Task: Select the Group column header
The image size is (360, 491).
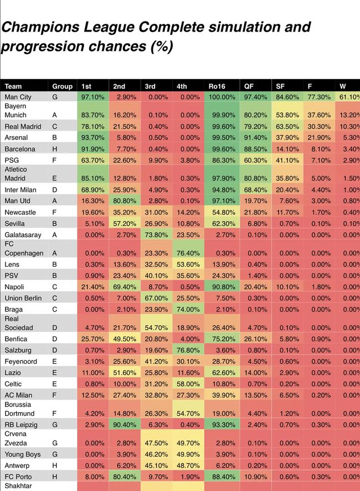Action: (x=63, y=86)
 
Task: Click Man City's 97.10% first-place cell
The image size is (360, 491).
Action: (x=93, y=97)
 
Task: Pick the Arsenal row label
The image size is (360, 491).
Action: (x=16, y=137)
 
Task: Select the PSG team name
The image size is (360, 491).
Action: (x=12, y=160)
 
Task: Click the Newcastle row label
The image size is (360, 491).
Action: (x=20, y=212)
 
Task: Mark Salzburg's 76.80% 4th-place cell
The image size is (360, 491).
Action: (x=188, y=350)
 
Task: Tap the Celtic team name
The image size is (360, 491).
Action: (x=14, y=384)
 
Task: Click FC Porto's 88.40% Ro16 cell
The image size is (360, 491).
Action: (x=221, y=477)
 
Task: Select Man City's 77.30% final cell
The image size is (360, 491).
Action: (x=319, y=97)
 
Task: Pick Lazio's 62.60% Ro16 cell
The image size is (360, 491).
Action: (x=221, y=373)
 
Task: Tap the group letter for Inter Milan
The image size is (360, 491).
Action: (x=55, y=190)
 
